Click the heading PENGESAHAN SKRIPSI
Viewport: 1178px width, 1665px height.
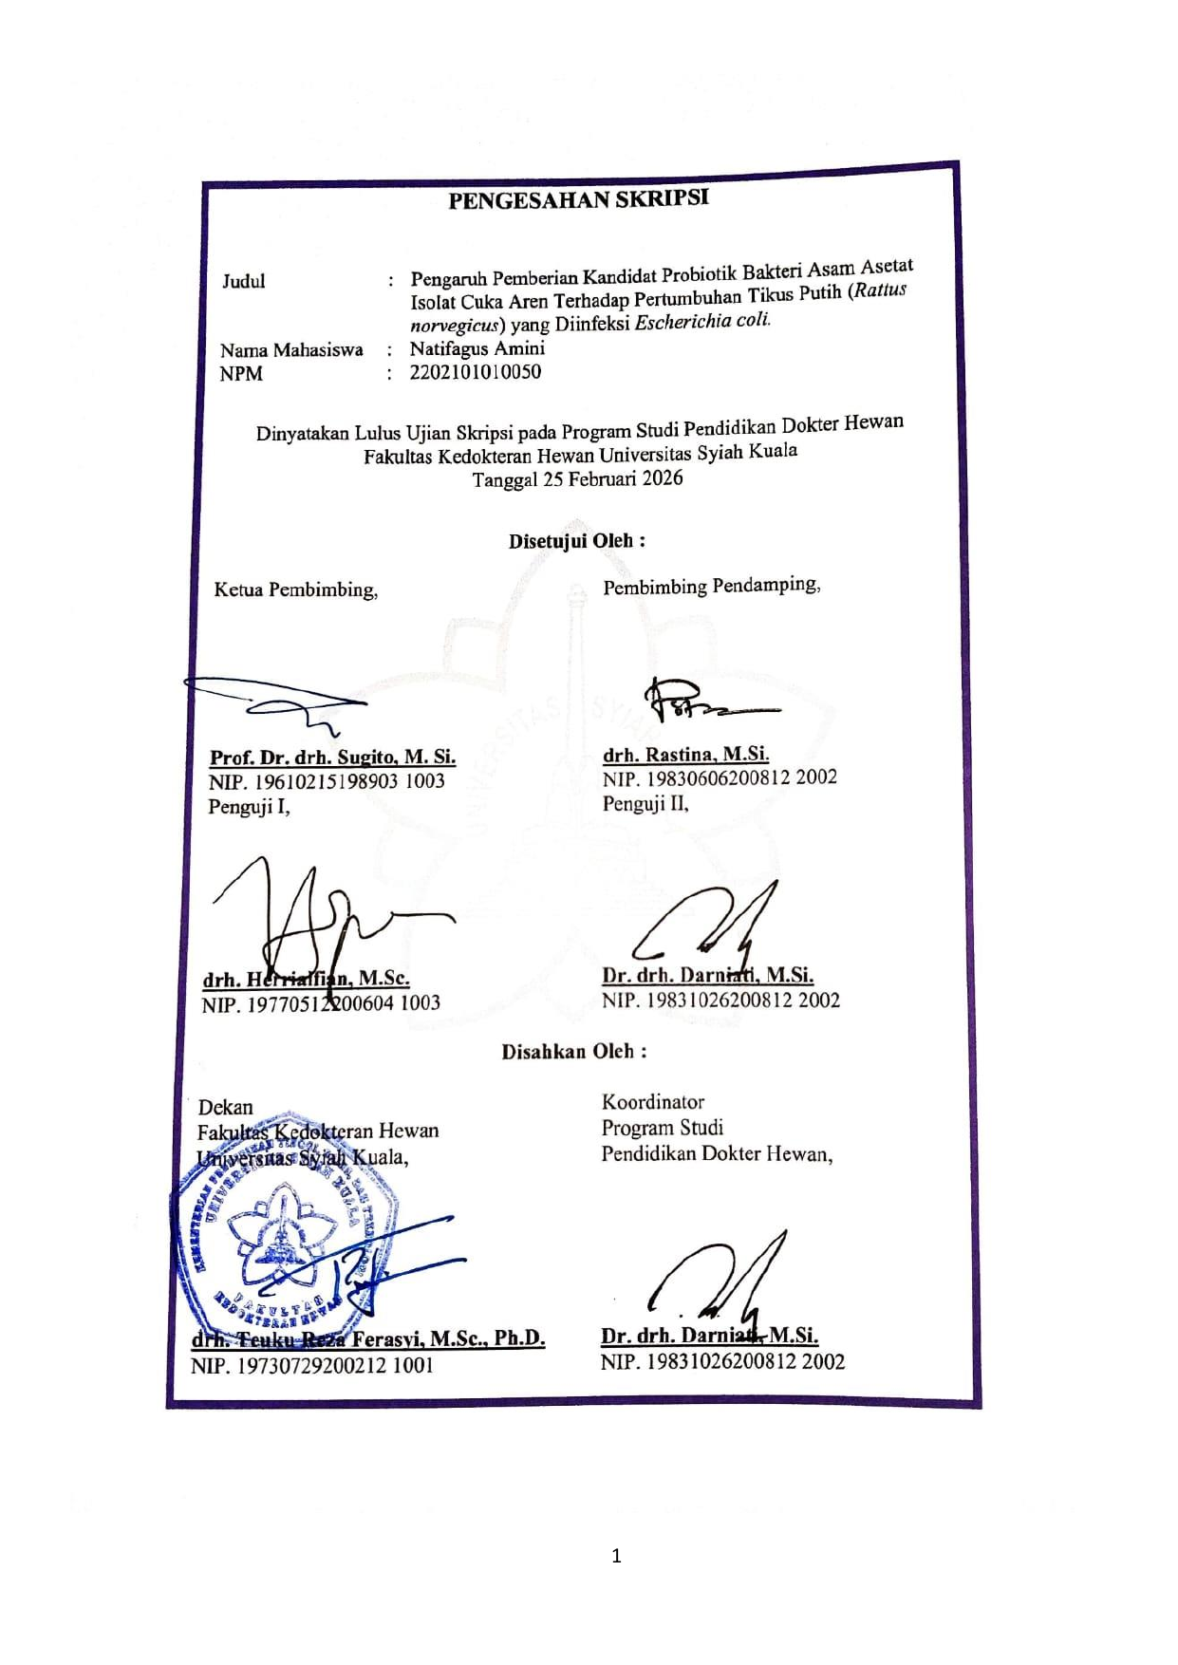[x=578, y=199]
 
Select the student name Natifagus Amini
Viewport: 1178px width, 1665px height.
[x=477, y=348]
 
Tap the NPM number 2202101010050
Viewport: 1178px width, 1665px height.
[x=475, y=372]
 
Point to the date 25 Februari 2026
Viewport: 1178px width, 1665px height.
[x=612, y=478]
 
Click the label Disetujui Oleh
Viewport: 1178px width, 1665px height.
[x=576, y=541]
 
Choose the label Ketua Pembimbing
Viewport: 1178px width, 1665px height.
[x=295, y=589]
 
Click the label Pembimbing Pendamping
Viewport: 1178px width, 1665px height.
[x=711, y=586]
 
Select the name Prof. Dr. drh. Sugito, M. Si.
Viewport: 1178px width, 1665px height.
[x=332, y=758]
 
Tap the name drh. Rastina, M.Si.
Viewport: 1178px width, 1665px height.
[x=685, y=755]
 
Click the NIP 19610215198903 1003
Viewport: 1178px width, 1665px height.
[x=327, y=781]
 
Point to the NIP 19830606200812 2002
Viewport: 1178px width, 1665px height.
[x=720, y=778]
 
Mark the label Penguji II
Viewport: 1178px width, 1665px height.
[x=645, y=804]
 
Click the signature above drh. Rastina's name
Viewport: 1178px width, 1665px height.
[x=707, y=703]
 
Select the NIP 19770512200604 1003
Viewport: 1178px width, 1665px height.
[x=321, y=1003]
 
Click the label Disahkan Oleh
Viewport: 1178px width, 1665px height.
[x=573, y=1052]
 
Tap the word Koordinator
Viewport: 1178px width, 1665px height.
[x=653, y=1102]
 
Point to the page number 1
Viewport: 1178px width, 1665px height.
[x=616, y=1556]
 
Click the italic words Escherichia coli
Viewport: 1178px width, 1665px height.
[x=702, y=321]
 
